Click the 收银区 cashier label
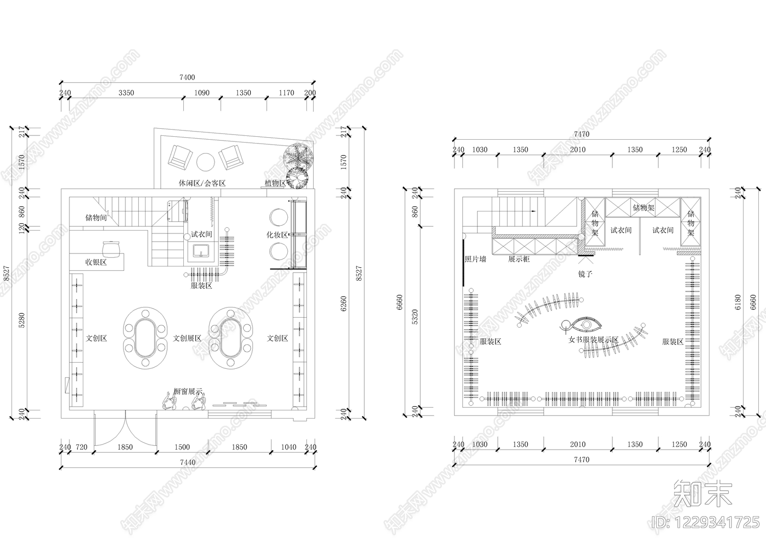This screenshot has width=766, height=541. click(x=96, y=262)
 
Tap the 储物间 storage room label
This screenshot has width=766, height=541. click(x=96, y=217)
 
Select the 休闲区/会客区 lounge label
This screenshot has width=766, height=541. click(x=202, y=183)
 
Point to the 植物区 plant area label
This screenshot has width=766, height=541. click(x=275, y=183)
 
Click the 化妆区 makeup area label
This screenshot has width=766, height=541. click(x=277, y=235)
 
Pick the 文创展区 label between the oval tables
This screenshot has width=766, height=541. click(x=187, y=338)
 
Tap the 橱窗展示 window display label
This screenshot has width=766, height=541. click(x=188, y=391)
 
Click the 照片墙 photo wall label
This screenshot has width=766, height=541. click(x=475, y=259)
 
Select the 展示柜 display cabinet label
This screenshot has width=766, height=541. click(x=519, y=259)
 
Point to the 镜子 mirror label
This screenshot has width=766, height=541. click(x=585, y=274)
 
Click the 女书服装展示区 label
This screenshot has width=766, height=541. click(x=594, y=340)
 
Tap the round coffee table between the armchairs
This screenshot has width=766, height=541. click(x=205, y=162)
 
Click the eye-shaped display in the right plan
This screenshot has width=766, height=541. click(x=587, y=325)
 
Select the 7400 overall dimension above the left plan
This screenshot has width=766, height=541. click(x=187, y=77)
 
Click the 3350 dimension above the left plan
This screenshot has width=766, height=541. click(x=126, y=93)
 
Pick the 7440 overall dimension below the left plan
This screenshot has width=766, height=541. click(x=188, y=463)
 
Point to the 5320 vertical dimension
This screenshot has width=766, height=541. click(x=415, y=317)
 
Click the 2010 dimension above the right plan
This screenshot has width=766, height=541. click(x=577, y=149)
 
